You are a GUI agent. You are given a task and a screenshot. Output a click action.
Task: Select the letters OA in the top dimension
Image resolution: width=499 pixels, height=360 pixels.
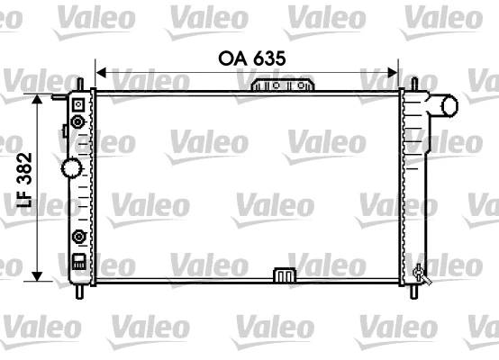pyautogui.click(x=231, y=58)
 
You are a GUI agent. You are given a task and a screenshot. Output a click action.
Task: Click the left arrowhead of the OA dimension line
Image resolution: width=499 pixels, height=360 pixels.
pyautogui.click(x=100, y=71)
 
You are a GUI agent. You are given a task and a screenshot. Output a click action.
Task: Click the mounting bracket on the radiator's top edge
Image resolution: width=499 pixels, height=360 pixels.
pyautogui.click(x=283, y=85)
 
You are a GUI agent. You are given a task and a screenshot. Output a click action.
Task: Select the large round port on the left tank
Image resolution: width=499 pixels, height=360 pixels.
pyautogui.click(x=71, y=167)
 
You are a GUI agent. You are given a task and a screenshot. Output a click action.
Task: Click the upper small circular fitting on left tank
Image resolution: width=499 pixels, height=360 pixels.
pyautogui.click(x=77, y=121)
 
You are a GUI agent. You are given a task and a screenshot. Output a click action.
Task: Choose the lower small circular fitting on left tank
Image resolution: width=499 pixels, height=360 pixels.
pyautogui.click(x=78, y=238)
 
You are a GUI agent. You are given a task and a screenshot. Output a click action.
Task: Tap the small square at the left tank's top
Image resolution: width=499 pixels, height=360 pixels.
pyautogui.click(x=77, y=103)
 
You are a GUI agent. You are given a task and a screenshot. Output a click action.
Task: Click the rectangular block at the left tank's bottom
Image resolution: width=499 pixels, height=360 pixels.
pyautogui.click(x=78, y=263)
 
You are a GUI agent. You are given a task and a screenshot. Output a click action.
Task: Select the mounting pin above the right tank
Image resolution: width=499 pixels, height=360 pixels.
pyautogui.click(x=414, y=83)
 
